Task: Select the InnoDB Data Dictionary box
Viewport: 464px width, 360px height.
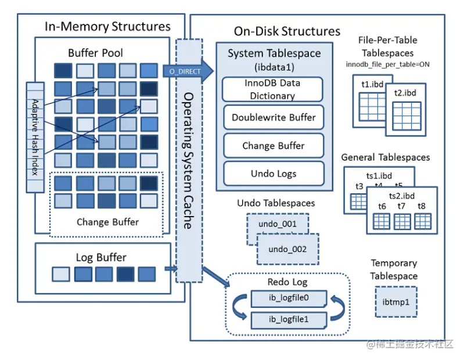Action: coord(273,89)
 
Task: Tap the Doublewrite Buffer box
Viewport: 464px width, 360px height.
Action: coord(273,117)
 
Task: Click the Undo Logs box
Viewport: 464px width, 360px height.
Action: coord(273,173)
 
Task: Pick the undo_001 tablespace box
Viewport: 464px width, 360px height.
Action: coord(278,224)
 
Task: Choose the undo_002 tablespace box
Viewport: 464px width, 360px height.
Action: coord(287,249)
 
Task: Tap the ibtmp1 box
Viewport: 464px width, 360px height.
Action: coord(395,302)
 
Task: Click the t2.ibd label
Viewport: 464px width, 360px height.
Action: coord(405,93)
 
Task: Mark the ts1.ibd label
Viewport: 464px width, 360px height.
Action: coord(379,175)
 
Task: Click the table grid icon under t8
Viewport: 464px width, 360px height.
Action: coord(422,221)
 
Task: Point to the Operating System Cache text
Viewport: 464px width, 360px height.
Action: coord(188,160)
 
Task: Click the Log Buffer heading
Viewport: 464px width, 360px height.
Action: coord(101,257)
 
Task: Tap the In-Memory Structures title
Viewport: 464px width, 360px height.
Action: coord(108,26)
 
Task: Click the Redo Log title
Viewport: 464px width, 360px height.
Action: coord(288,283)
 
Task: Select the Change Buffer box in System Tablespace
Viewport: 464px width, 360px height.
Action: coord(273,146)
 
